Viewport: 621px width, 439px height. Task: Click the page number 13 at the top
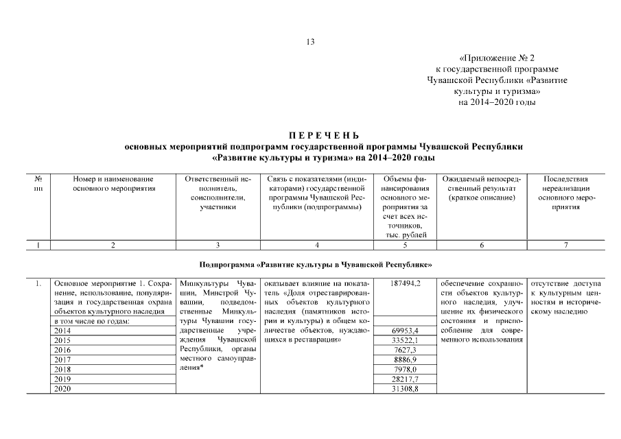pyautogui.click(x=310, y=42)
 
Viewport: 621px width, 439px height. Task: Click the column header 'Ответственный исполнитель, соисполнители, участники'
pyautogui.click(x=218, y=193)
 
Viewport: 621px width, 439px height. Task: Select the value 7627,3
pyautogui.click(x=405, y=350)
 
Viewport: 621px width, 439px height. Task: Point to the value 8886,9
pyautogui.click(x=405, y=359)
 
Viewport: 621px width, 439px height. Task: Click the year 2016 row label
pyautogui.click(x=62, y=350)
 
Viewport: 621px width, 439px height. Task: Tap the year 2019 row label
pyautogui.click(x=62, y=379)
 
